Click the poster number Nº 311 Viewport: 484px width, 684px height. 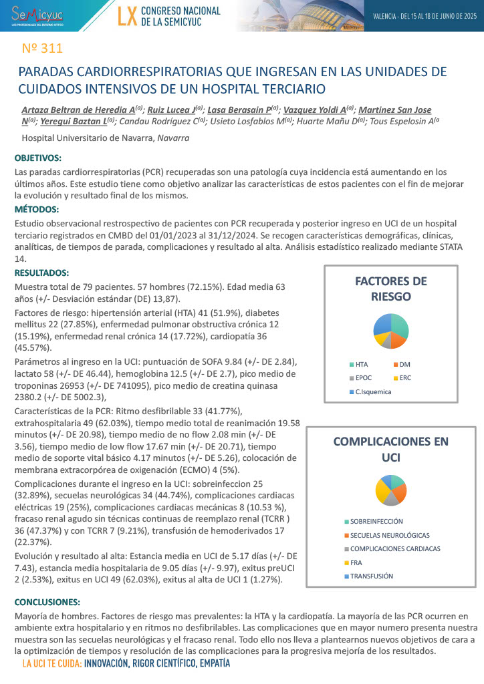point(42,48)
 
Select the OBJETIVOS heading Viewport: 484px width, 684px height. point(37,158)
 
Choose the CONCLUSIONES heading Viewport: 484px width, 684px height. point(46,601)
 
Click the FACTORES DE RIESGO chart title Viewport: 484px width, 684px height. point(390,289)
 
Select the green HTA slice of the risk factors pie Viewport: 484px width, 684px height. point(399,325)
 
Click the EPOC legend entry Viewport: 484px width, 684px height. point(365,378)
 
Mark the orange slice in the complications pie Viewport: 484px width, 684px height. point(400,493)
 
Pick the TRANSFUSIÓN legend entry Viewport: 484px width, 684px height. point(372,576)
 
